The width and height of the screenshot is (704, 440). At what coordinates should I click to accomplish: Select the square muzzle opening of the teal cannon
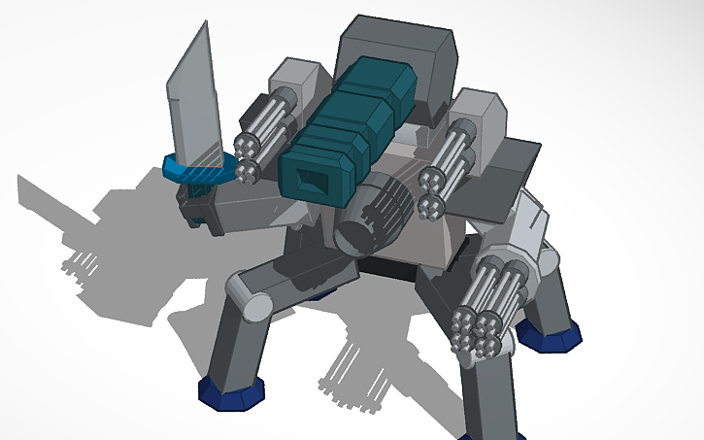pyautogui.click(x=314, y=180)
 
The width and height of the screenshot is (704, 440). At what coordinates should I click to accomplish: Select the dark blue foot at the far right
pyautogui.click(x=550, y=336)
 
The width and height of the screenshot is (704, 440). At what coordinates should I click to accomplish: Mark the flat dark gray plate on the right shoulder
pyautogui.click(x=515, y=155)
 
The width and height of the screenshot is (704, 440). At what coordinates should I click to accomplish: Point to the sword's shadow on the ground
pyautogui.click(x=58, y=194)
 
